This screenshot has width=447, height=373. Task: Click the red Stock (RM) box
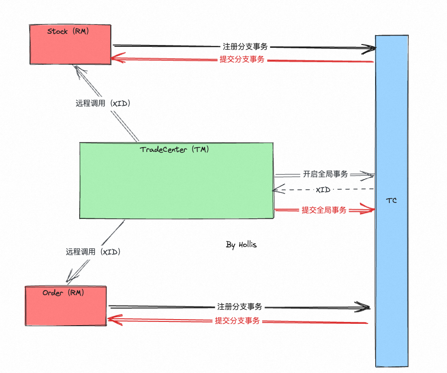tap(70, 47)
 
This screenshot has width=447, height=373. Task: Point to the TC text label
tap(391, 201)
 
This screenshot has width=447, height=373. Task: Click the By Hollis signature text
tap(241, 245)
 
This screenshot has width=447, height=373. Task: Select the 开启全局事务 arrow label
tap(326, 174)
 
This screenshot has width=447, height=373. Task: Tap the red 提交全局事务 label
tap(324, 210)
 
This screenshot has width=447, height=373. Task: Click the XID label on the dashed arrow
tap(323, 190)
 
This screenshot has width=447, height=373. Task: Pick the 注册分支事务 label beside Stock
tap(245, 46)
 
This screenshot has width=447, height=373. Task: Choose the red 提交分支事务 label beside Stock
tap(242, 60)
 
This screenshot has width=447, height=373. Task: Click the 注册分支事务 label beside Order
tap(239, 307)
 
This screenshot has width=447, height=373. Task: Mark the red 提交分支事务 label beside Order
tap(237, 321)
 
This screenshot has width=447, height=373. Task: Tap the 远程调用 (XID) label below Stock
tap(103, 104)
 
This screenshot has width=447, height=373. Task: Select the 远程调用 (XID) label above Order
tap(93, 252)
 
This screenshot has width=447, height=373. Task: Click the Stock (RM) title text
tap(68, 31)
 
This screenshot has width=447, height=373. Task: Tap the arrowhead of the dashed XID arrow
tap(275, 190)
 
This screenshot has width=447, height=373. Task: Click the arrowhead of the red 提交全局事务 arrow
tap(372, 209)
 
